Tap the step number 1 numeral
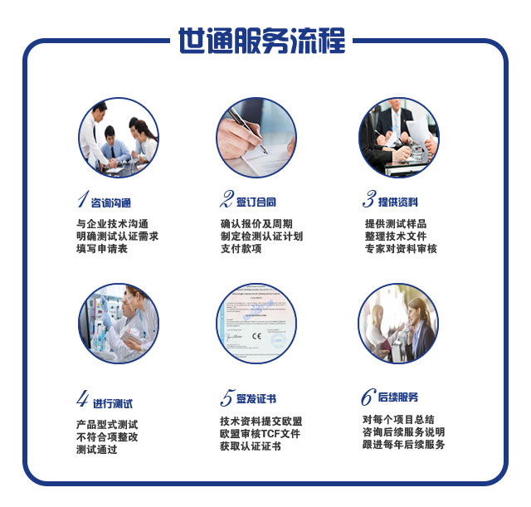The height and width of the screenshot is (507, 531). (x=81, y=200)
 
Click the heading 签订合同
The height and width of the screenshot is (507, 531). (x=257, y=202)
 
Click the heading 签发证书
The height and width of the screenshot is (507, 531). (x=257, y=399)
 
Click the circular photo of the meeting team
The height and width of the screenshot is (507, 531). (x=119, y=138)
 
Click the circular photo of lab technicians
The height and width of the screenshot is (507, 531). (x=119, y=324)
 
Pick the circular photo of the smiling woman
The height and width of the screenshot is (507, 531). (x=398, y=324)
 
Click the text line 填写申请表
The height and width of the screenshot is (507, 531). (x=102, y=249)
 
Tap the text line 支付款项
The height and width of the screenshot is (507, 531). (x=241, y=249)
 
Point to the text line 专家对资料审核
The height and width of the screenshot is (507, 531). (x=401, y=249)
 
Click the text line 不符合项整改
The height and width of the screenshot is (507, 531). (x=107, y=436)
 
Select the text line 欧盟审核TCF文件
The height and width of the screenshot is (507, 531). (x=260, y=434)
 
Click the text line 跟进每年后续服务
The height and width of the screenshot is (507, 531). (x=404, y=445)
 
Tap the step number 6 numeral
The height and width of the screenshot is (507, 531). (x=368, y=397)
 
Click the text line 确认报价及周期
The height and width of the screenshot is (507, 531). (x=256, y=224)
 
